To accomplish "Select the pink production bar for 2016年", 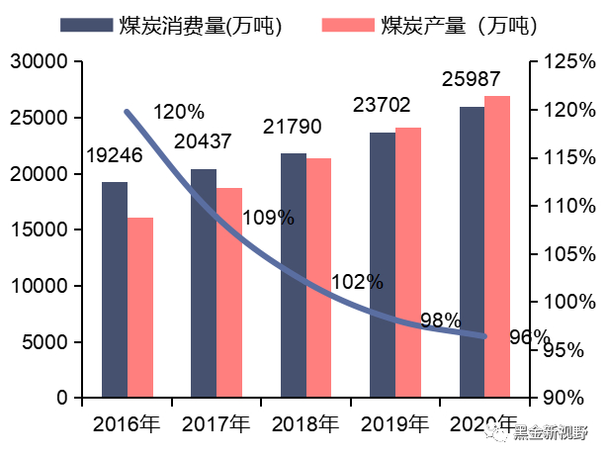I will click(140, 308).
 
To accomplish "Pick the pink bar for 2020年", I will click(497, 246).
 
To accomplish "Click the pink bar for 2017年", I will click(229, 293).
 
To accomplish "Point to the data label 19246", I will click(116, 155).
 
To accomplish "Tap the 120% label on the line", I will click(179, 111).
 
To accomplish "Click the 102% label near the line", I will click(357, 281).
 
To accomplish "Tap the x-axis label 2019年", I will click(394, 425).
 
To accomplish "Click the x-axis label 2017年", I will click(216, 425).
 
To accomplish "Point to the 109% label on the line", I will click(268, 218).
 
